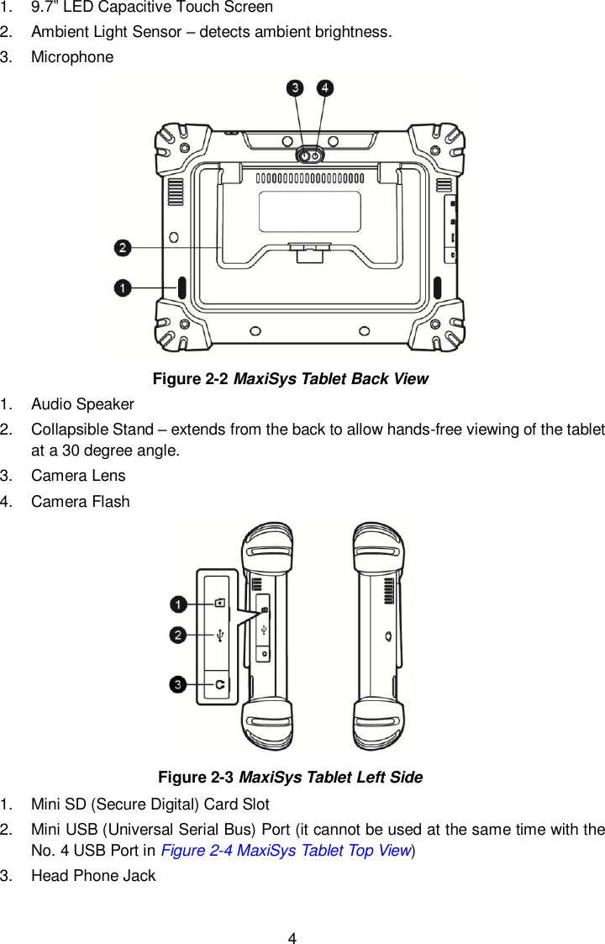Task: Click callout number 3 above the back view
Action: point(295,87)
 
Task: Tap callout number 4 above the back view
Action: point(324,87)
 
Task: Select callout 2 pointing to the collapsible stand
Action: point(123,247)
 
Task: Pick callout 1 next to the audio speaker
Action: point(123,287)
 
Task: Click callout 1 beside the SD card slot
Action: point(178,604)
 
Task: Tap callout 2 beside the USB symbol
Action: point(178,635)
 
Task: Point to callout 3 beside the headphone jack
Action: point(178,685)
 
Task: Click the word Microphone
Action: point(71,57)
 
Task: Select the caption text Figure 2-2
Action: point(191,378)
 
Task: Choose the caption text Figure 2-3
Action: point(197,777)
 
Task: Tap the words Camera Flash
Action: point(80,502)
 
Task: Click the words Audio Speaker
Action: point(82,404)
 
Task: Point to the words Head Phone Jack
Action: point(92,875)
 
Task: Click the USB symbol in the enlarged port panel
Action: point(219,636)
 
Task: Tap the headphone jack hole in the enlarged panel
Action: point(219,685)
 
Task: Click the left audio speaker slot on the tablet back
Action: point(181,287)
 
